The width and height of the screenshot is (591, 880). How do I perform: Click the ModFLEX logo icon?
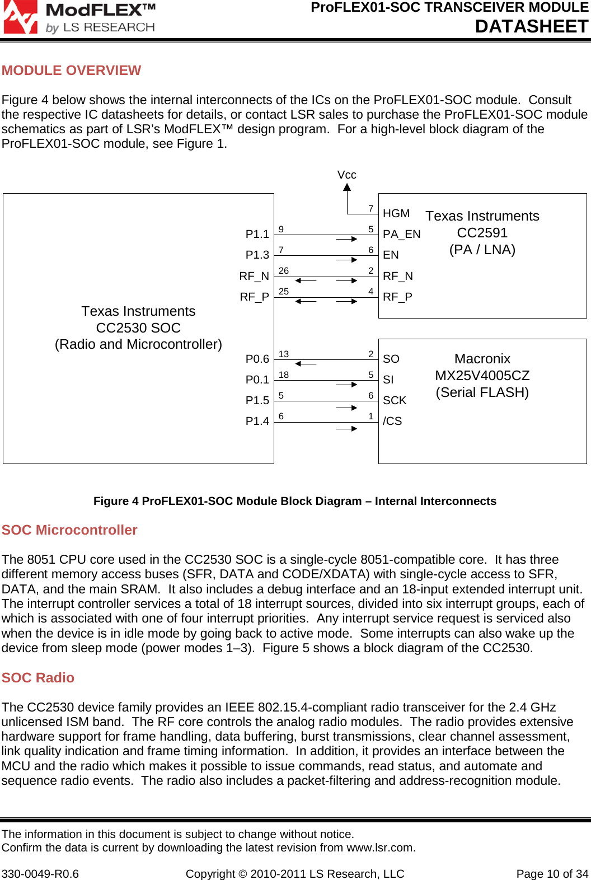pos(20,17)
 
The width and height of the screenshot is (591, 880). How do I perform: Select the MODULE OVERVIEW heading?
pos(71,71)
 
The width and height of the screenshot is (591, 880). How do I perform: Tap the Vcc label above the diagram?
pos(346,175)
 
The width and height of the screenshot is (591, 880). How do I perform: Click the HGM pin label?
pos(396,213)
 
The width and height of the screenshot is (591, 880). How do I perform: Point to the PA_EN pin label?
pos(401,234)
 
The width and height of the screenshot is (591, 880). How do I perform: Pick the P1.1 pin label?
pos(257,234)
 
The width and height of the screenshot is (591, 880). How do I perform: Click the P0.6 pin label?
pos(257,359)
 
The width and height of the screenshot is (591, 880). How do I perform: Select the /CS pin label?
pos(392,421)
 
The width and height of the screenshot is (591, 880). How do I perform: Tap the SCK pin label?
pos(395,400)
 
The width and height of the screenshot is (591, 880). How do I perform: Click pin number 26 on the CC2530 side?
pos(284,271)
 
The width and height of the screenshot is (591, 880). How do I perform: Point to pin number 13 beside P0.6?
pos(284,354)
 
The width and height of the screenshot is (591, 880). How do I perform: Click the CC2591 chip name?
pos(482,233)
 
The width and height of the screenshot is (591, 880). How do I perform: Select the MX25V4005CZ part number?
pos(482,376)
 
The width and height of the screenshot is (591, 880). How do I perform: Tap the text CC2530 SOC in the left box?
pos(138,328)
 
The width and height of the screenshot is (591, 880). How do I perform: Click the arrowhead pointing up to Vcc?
pos(347,188)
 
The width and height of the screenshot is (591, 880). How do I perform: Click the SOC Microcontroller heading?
pos(69,530)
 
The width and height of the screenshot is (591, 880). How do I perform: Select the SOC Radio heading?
pos(38,678)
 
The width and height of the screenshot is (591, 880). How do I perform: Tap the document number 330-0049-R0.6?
pos(40,874)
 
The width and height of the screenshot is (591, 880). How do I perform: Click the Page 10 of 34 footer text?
pos(552,874)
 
